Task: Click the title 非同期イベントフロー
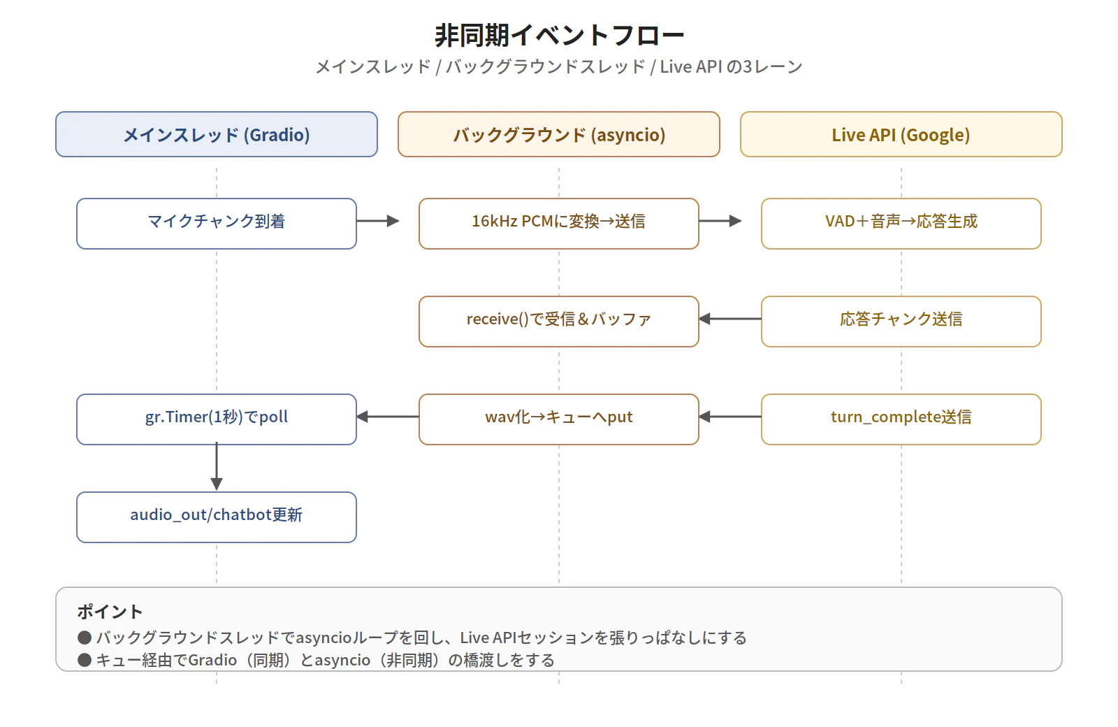click(x=559, y=35)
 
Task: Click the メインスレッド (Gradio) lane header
click(x=217, y=134)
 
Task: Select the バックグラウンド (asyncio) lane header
click(x=559, y=134)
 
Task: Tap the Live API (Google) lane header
click(x=901, y=134)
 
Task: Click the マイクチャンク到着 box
click(x=217, y=224)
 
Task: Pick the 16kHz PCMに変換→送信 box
click(x=559, y=224)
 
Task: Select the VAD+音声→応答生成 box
click(x=901, y=224)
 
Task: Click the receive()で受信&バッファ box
click(x=559, y=322)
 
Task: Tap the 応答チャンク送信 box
click(x=901, y=322)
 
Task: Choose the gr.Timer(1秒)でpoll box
click(x=217, y=419)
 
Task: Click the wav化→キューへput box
click(x=559, y=419)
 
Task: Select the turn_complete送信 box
click(x=901, y=419)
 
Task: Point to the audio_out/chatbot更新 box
click(x=217, y=517)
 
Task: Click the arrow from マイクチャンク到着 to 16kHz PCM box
click(x=377, y=221)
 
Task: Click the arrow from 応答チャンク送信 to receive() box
click(x=730, y=319)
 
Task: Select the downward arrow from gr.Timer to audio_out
click(x=217, y=467)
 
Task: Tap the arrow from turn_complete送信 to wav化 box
click(x=730, y=417)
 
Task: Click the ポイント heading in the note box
click(x=110, y=612)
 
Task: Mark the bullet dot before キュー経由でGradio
click(x=85, y=660)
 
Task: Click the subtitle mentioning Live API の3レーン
click(x=559, y=66)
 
